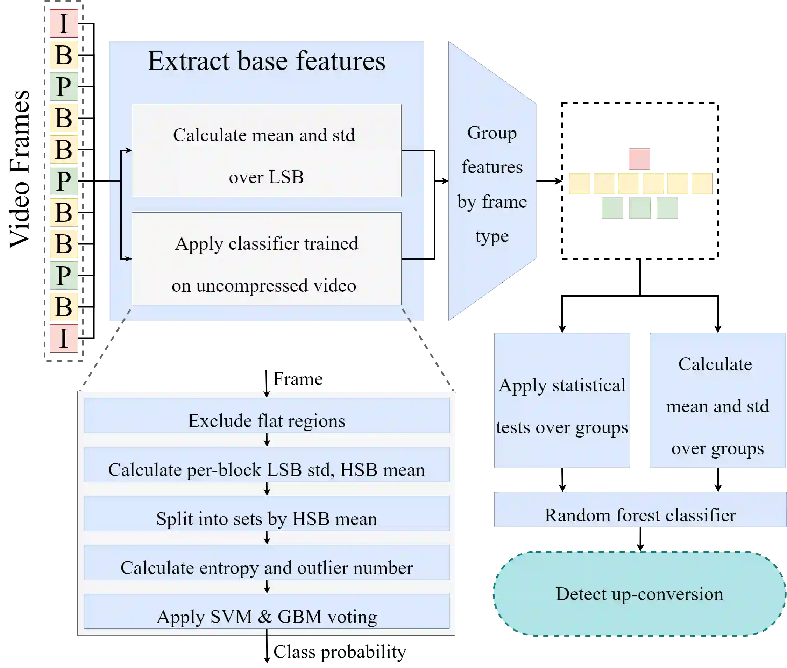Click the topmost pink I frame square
(64, 23)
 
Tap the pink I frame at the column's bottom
(64, 338)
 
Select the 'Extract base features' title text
(266, 61)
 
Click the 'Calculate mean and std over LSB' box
(266, 150)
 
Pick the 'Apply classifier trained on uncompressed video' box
(266, 259)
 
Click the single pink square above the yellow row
(639, 159)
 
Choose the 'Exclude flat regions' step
(267, 415)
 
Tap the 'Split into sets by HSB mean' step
(267, 513)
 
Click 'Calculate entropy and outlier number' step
(267, 562)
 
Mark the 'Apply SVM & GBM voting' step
(267, 611)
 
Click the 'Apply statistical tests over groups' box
(562, 401)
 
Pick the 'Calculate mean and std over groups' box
(717, 401)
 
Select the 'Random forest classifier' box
(640, 510)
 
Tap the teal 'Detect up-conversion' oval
(639, 594)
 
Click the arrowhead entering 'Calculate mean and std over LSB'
(129, 150)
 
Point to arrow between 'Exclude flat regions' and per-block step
(267, 440)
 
